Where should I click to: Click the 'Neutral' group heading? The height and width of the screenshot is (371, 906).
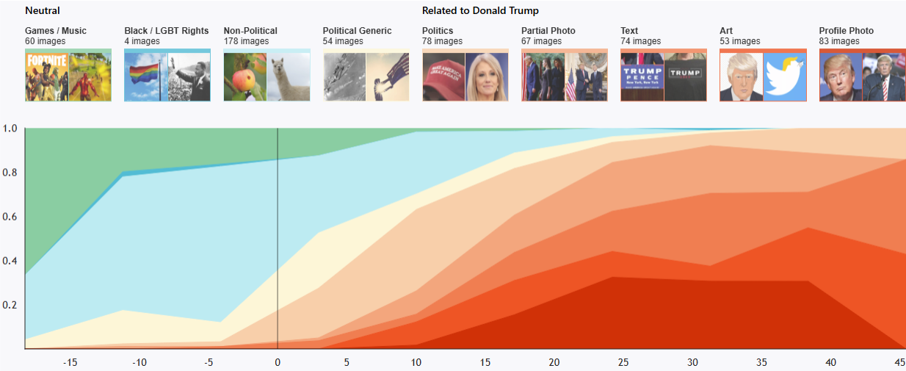(x=43, y=11)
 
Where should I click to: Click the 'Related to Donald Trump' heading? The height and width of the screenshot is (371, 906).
(x=480, y=11)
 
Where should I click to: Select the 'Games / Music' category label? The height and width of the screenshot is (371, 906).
(x=56, y=31)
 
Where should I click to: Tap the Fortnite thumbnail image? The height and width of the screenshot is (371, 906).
(x=46, y=76)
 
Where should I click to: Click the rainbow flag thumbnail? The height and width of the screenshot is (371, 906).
(x=146, y=76)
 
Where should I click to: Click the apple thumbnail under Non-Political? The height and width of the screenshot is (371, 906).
(x=245, y=76)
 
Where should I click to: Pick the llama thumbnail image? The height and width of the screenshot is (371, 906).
(x=289, y=76)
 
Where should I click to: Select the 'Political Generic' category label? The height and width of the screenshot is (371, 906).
(x=357, y=31)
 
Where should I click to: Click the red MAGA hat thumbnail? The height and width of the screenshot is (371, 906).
(x=443, y=76)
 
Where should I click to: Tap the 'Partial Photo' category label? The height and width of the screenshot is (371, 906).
(x=548, y=31)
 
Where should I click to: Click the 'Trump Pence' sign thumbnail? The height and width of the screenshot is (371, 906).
(x=642, y=76)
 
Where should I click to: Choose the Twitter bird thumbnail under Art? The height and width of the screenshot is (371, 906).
(x=785, y=76)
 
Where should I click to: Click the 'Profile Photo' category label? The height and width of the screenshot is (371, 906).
(x=846, y=31)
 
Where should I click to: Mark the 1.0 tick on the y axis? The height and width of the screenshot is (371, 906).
(x=10, y=129)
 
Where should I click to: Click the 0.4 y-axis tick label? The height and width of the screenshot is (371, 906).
(x=10, y=261)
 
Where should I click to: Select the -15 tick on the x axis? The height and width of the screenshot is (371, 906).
(x=70, y=362)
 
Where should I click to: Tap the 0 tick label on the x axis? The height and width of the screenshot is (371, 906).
(x=278, y=362)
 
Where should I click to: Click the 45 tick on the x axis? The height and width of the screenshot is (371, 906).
(x=899, y=362)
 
